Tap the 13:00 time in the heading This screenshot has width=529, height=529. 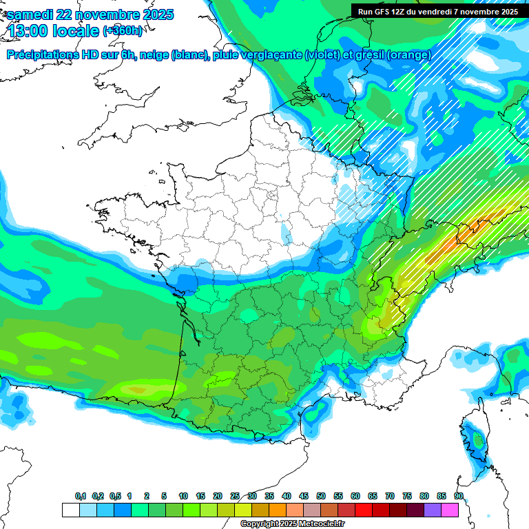[x=27, y=31]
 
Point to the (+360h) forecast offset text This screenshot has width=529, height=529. [x=123, y=30]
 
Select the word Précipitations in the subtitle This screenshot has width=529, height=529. [x=44, y=55]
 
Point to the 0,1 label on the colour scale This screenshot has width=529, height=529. [x=81, y=497]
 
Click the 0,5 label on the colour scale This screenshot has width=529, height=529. [x=115, y=497]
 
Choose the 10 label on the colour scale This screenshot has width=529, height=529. [x=183, y=497]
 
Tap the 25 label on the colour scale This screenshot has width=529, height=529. [x=235, y=497]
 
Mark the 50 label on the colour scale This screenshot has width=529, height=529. [x=321, y=497]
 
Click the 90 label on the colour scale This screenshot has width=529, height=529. [x=458, y=497]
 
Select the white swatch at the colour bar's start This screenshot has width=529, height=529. [x=70, y=510]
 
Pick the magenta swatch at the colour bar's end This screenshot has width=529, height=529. [x=450, y=510]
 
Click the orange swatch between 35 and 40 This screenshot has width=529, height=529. [x=278, y=510]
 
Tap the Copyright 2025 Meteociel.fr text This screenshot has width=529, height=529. [x=292, y=523]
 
